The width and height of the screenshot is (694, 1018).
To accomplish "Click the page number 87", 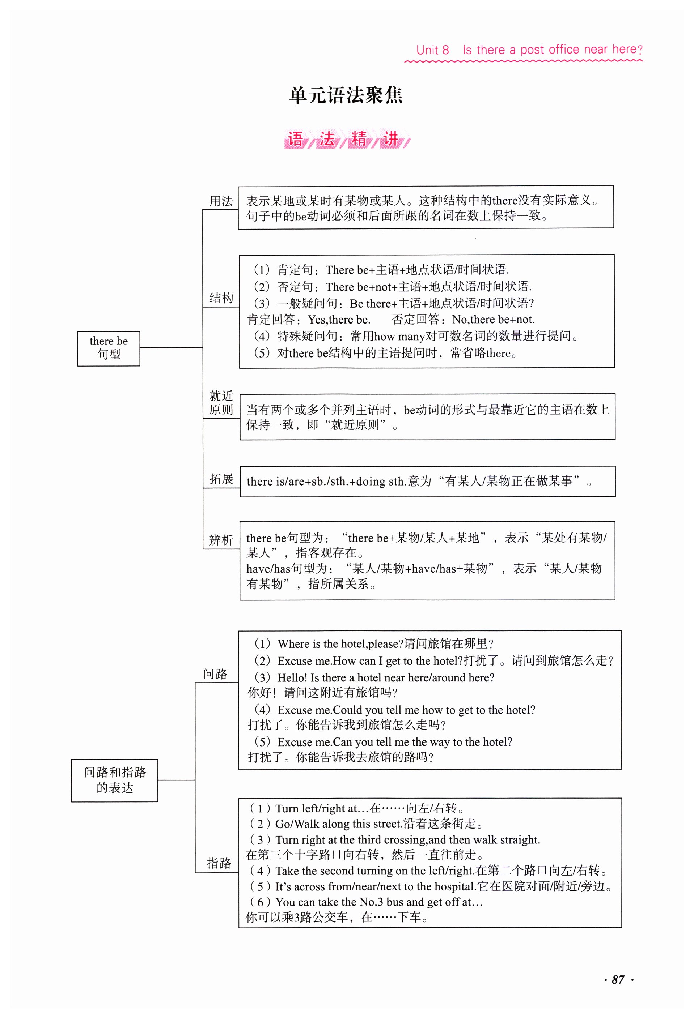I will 618,979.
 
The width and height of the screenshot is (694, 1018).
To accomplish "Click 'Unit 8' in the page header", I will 432,50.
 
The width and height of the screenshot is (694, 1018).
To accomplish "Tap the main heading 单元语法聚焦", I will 346,95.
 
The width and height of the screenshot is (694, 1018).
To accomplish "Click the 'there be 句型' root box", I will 108,348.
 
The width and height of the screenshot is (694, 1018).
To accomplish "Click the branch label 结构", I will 221,298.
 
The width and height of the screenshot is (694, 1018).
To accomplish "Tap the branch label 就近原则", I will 221,403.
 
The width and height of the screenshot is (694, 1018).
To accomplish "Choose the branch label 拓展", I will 221,479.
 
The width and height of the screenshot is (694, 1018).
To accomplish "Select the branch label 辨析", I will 221,540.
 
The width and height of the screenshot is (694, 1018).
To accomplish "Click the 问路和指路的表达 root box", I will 114,780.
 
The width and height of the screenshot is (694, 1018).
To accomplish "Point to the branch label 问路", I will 215,674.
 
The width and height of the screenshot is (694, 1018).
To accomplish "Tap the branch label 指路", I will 219,863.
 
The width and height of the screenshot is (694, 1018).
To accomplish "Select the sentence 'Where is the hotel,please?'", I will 340,644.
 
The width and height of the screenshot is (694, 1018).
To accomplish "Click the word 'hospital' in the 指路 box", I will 454,886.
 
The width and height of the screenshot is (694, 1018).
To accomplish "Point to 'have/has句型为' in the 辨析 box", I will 289,569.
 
